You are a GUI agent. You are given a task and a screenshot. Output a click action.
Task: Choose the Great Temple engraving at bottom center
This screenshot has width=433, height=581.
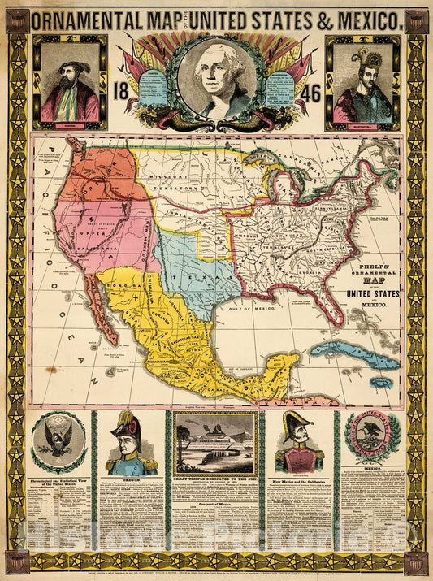[215, 444]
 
